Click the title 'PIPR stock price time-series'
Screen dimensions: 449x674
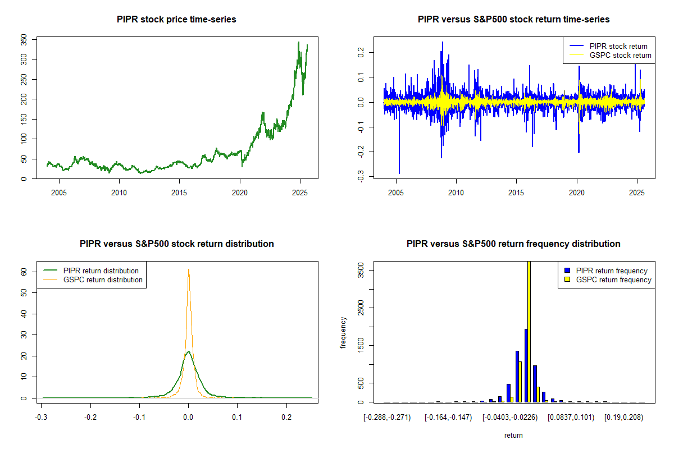(176, 19)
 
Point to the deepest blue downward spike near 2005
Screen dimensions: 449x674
(399, 173)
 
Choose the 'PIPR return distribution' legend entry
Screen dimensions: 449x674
(101, 271)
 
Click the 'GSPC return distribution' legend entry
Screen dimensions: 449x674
(103, 280)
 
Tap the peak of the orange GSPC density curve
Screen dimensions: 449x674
(189, 270)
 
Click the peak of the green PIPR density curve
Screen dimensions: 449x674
(189, 352)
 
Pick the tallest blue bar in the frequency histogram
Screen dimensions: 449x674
(526, 365)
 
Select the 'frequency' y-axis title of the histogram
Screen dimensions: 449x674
(343, 332)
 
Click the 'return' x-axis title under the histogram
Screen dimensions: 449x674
(513, 435)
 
